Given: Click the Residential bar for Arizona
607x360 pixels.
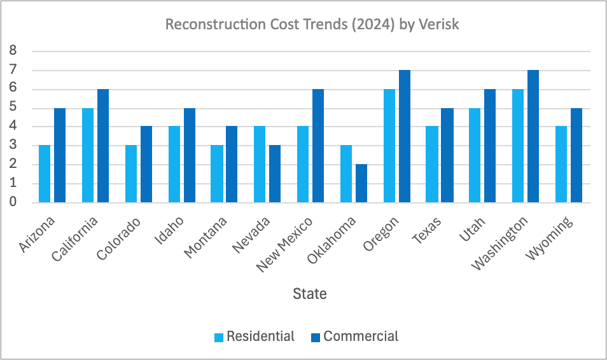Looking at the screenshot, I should coord(45,174).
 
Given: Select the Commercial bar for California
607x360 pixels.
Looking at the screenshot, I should coord(103,146).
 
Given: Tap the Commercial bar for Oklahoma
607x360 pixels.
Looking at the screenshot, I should coord(361,183).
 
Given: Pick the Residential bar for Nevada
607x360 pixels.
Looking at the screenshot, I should coord(260,164).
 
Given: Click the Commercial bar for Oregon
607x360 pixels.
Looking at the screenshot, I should coord(405,136).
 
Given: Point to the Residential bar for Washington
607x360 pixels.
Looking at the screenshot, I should coord(519,146).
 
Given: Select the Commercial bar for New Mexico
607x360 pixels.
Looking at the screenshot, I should coord(318,146).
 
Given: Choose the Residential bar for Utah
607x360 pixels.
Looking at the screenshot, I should coord(475,155).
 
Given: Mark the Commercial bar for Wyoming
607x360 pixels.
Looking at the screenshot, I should coord(576,155).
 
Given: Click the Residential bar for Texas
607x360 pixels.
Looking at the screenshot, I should coord(432,164).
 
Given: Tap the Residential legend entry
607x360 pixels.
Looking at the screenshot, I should coord(254,336).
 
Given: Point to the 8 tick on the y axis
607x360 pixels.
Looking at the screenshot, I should coord(12,51).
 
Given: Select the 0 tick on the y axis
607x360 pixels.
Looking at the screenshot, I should coord(12,202).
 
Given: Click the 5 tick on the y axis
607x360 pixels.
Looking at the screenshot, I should coord(12,107).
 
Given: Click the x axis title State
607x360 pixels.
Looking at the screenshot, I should coord(310,294).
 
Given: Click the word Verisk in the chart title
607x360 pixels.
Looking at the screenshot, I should coord(436,25).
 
